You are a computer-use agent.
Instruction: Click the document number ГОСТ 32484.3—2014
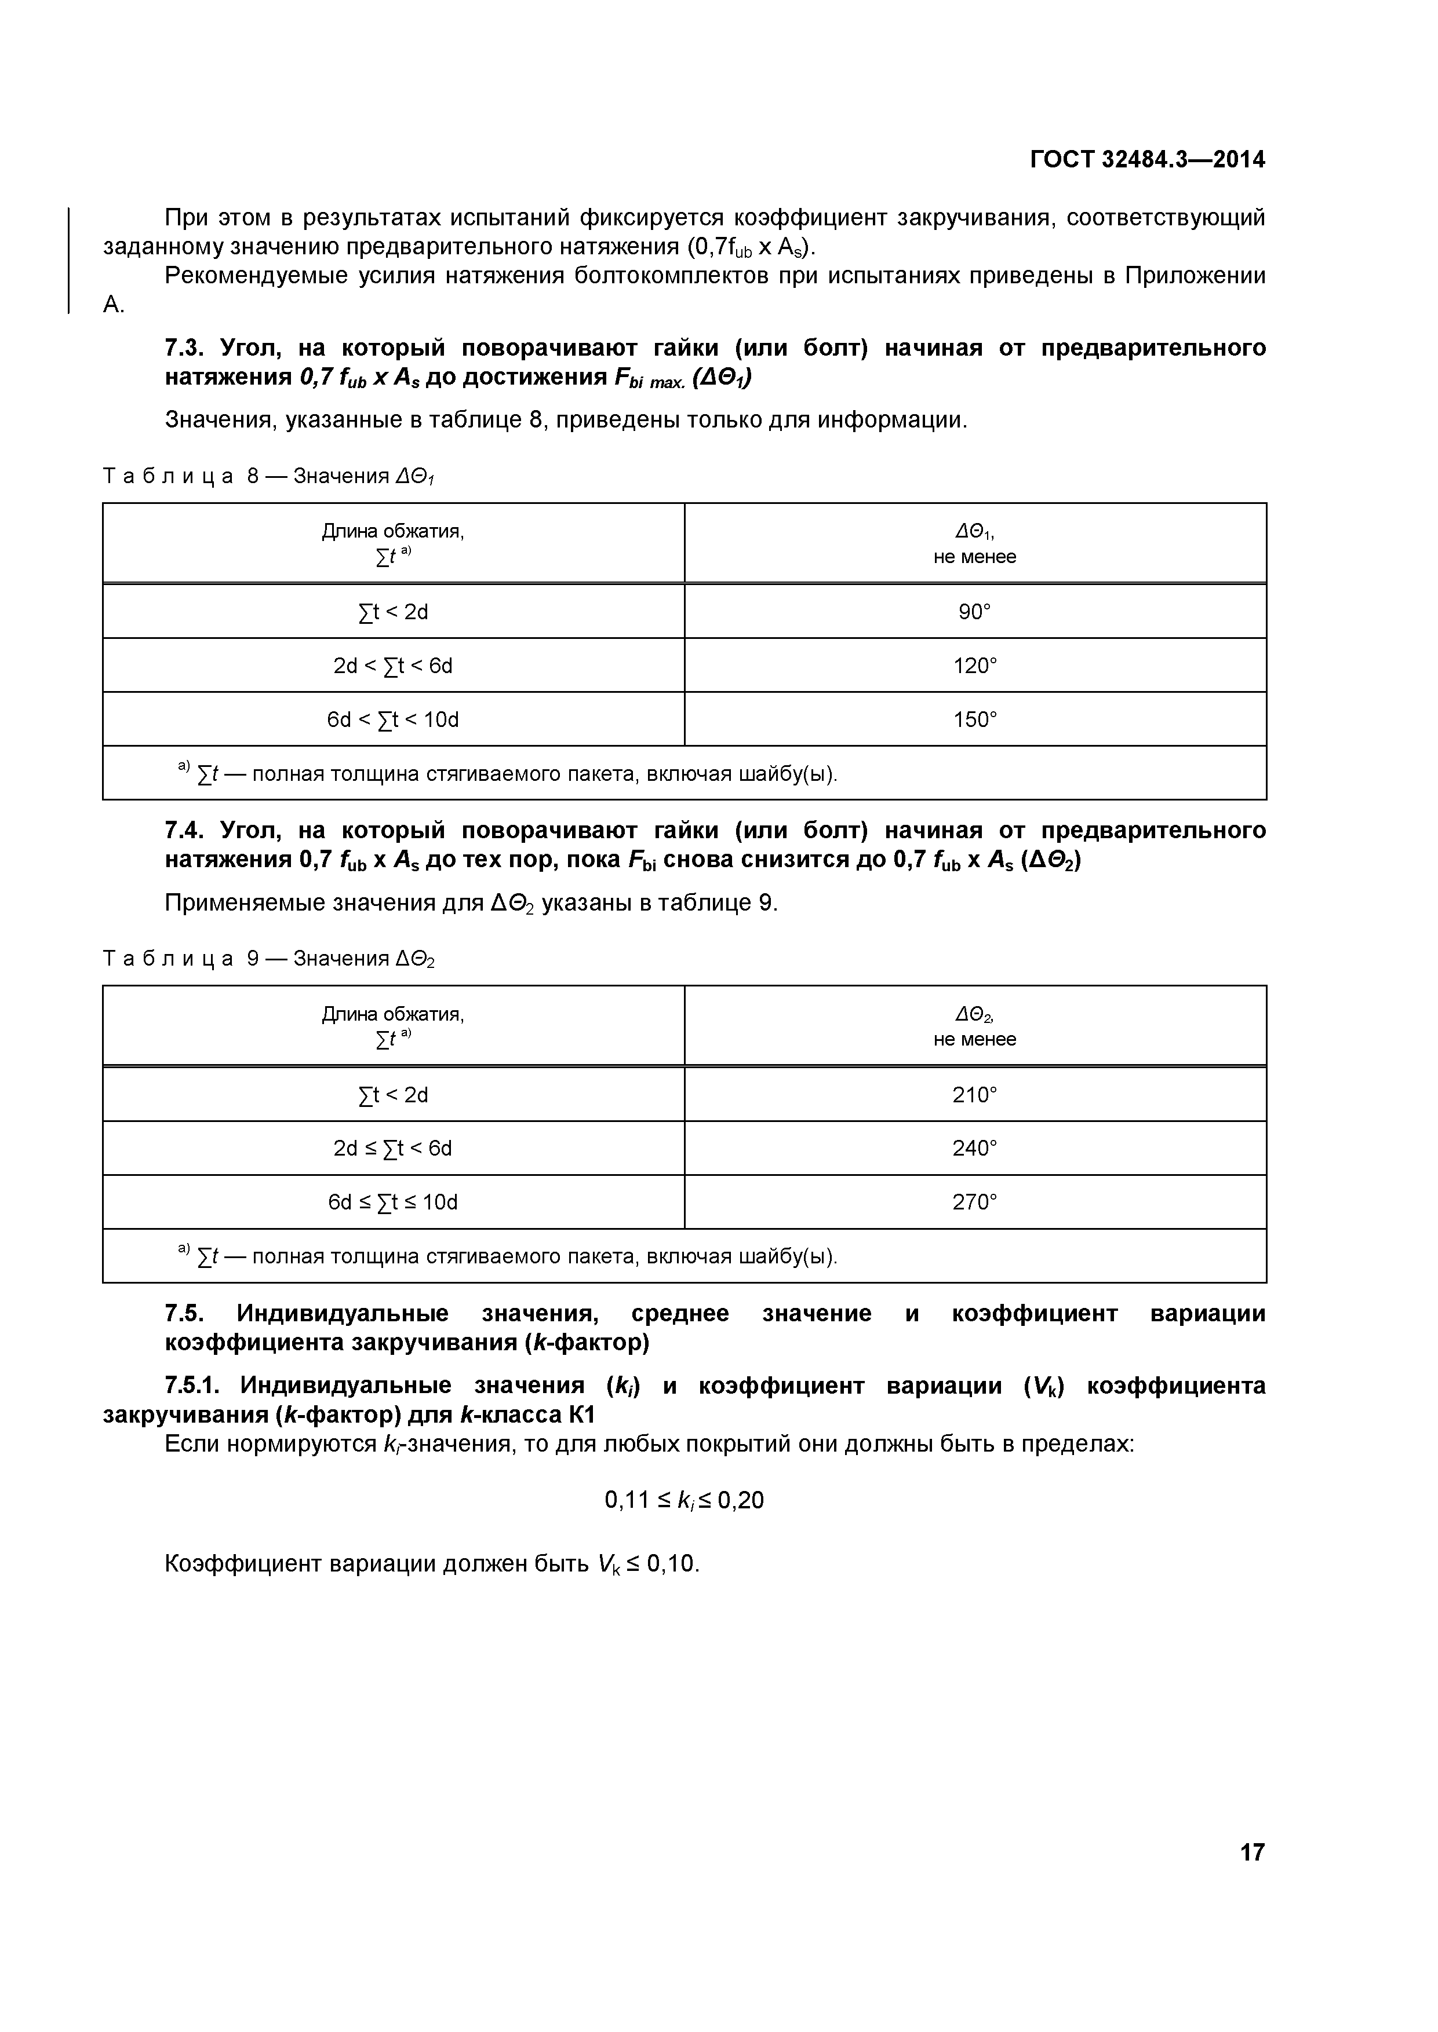pyautogui.click(x=1148, y=159)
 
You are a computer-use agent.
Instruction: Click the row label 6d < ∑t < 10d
pyautogui.click(x=392, y=719)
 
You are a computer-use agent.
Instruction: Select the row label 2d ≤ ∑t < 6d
pyautogui.click(x=392, y=1148)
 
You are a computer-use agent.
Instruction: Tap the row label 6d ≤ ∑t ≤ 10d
pyautogui.click(x=392, y=1202)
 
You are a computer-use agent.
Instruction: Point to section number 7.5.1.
pyautogui.click(x=194, y=1385)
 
